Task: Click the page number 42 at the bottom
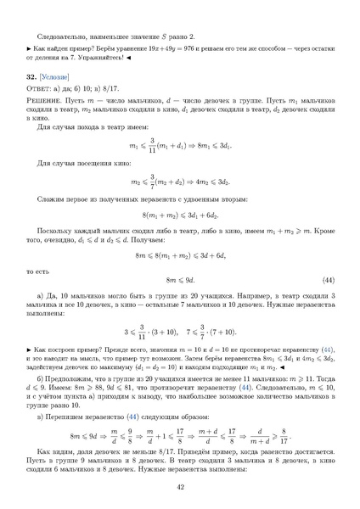tap(180, 487)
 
